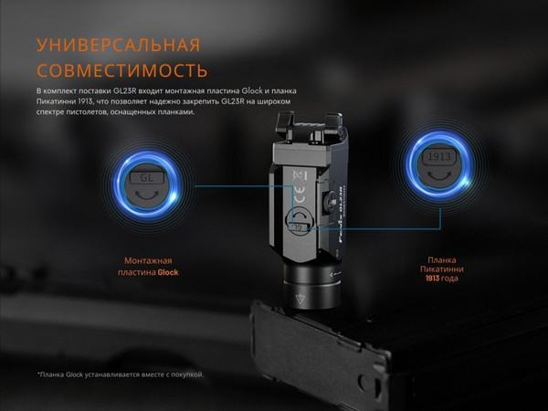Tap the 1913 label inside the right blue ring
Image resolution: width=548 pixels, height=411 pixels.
[436, 158]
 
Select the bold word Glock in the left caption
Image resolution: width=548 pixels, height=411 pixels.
[167, 272]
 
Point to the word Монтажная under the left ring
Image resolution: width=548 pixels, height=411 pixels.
[148, 261]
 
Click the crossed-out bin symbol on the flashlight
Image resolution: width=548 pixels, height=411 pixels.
[297, 174]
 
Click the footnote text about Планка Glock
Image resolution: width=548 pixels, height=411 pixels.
[121, 374]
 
